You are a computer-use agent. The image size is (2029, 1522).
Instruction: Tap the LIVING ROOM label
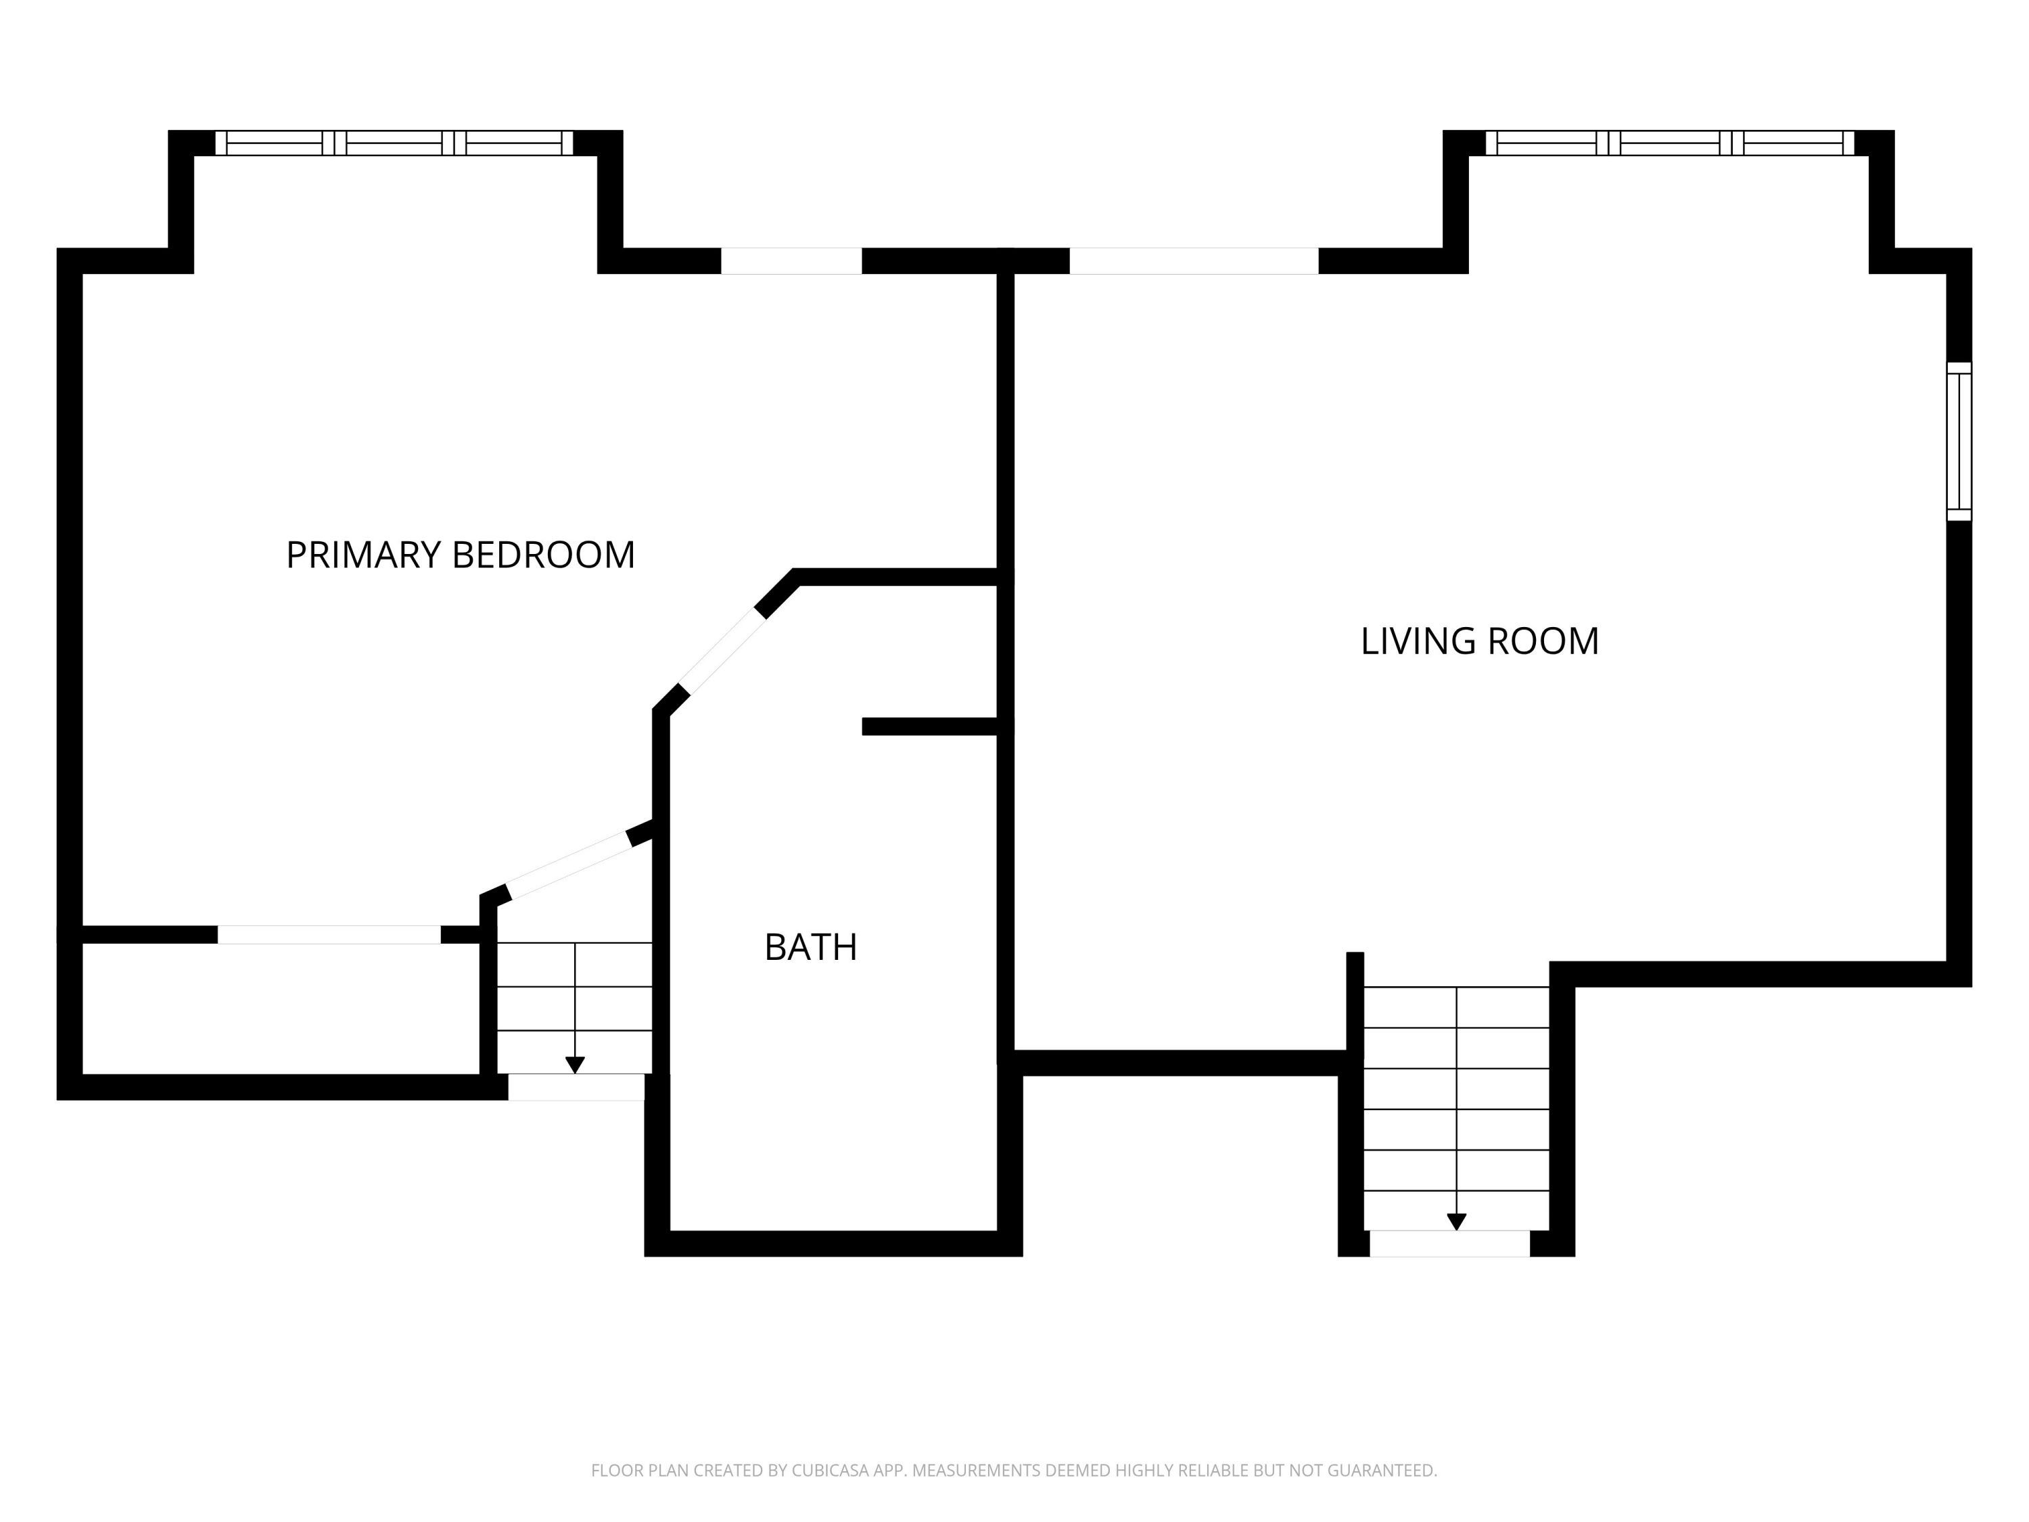pyautogui.click(x=1480, y=641)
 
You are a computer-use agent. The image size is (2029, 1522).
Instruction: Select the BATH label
pyautogui.click(x=811, y=948)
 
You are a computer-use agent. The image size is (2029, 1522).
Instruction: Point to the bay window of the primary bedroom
pyautogui.click(x=394, y=143)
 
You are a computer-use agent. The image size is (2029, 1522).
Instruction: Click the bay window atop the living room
pyautogui.click(x=1669, y=143)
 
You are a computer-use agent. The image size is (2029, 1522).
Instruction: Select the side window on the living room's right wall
pyautogui.click(x=1959, y=441)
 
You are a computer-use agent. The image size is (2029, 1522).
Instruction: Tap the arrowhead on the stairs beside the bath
pyautogui.click(x=575, y=1065)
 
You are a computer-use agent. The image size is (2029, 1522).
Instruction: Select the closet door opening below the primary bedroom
pyautogui.click(x=329, y=935)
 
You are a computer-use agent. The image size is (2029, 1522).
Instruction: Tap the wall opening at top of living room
pyautogui.click(x=1194, y=260)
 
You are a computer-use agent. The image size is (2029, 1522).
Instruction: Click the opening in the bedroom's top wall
pyautogui.click(x=791, y=260)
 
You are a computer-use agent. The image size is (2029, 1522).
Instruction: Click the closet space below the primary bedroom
pyautogui.click(x=281, y=1009)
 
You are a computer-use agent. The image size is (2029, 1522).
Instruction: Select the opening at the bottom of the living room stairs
pyautogui.click(x=1449, y=1243)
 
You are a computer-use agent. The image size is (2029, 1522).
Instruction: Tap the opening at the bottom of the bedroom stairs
pyautogui.click(x=576, y=1087)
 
